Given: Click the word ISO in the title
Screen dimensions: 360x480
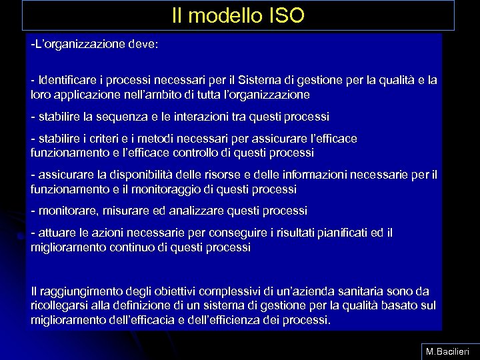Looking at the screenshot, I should pyautogui.click(x=287, y=15).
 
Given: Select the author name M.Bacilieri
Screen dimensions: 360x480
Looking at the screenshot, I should pyautogui.click(x=449, y=351).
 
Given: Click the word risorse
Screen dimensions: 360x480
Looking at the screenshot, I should pyautogui.click(x=220, y=175).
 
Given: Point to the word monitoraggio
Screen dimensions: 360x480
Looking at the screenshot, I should pyautogui.click(x=180, y=189).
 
